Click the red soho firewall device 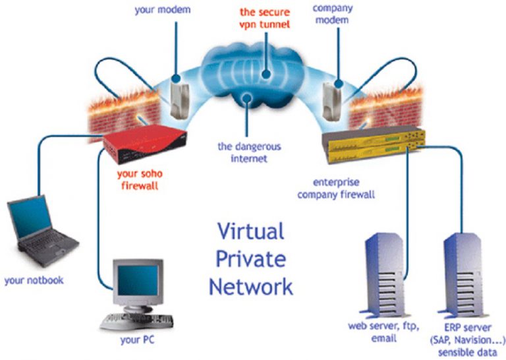click(145, 144)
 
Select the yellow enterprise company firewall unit click(374, 144)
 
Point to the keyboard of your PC click(136, 322)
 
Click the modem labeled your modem click(179, 100)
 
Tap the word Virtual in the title click(251, 231)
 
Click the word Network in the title click(251, 287)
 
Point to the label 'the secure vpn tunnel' click(265, 18)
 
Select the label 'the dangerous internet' click(249, 152)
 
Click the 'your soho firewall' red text click(140, 180)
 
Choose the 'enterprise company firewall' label click(336, 189)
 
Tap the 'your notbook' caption click(34, 280)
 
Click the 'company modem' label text click(332, 15)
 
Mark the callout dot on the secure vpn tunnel click(266, 75)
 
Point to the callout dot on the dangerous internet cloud click(247, 98)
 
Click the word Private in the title click(251, 259)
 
